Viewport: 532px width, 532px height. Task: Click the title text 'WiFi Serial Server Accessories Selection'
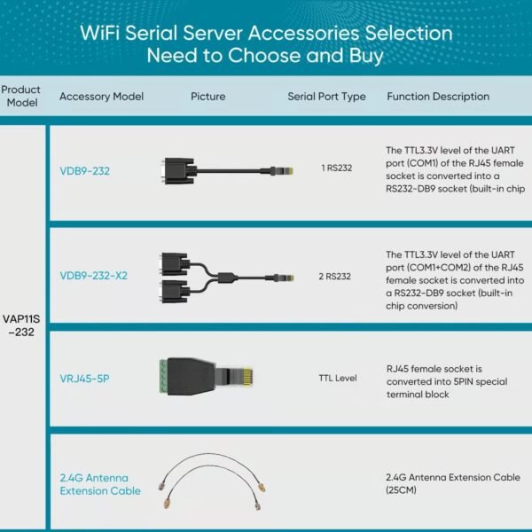(x=266, y=34)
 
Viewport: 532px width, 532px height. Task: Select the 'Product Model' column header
(x=21, y=96)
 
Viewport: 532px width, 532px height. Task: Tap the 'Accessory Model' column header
(x=101, y=97)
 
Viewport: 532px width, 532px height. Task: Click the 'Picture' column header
(x=208, y=97)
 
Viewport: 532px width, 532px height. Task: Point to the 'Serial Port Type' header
(x=326, y=97)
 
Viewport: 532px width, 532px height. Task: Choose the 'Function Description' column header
(x=438, y=97)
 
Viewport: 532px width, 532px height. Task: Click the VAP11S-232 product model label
(x=21, y=325)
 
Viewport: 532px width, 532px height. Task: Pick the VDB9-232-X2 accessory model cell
(x=93, y=276)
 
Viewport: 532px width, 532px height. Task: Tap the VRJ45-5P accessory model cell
(x=84, y=379)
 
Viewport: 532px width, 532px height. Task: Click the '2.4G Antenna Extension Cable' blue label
(x=100, y=484)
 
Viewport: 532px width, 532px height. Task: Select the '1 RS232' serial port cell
(x=336, y=168)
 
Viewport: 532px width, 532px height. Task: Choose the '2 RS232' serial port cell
(x=336, y=276)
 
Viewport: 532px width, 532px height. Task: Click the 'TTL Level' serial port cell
(x=337, y=379)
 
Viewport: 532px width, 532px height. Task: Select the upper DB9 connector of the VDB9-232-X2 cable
(x=173, y=262)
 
